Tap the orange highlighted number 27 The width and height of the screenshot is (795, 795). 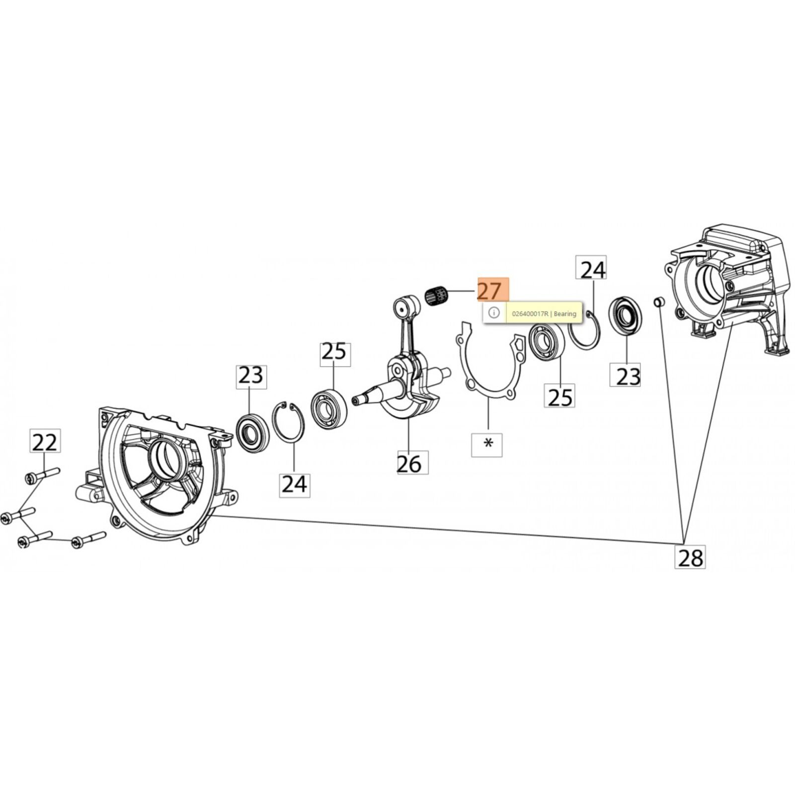tap(489, 290)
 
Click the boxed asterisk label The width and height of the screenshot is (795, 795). tap(487, 444)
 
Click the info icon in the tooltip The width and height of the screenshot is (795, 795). tap(493, 313)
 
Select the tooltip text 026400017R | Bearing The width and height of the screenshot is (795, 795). tap(544, 314)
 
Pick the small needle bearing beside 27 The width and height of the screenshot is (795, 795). tap(437, 297)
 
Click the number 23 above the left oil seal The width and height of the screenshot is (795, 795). tap(251, 376)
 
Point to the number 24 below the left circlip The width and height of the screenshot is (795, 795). tap(294, 483)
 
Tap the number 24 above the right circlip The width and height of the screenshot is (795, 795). tap(592, 270)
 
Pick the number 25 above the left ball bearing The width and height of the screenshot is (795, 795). tap(334, 352)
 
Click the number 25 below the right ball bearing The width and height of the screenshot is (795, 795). tap(560, 396)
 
